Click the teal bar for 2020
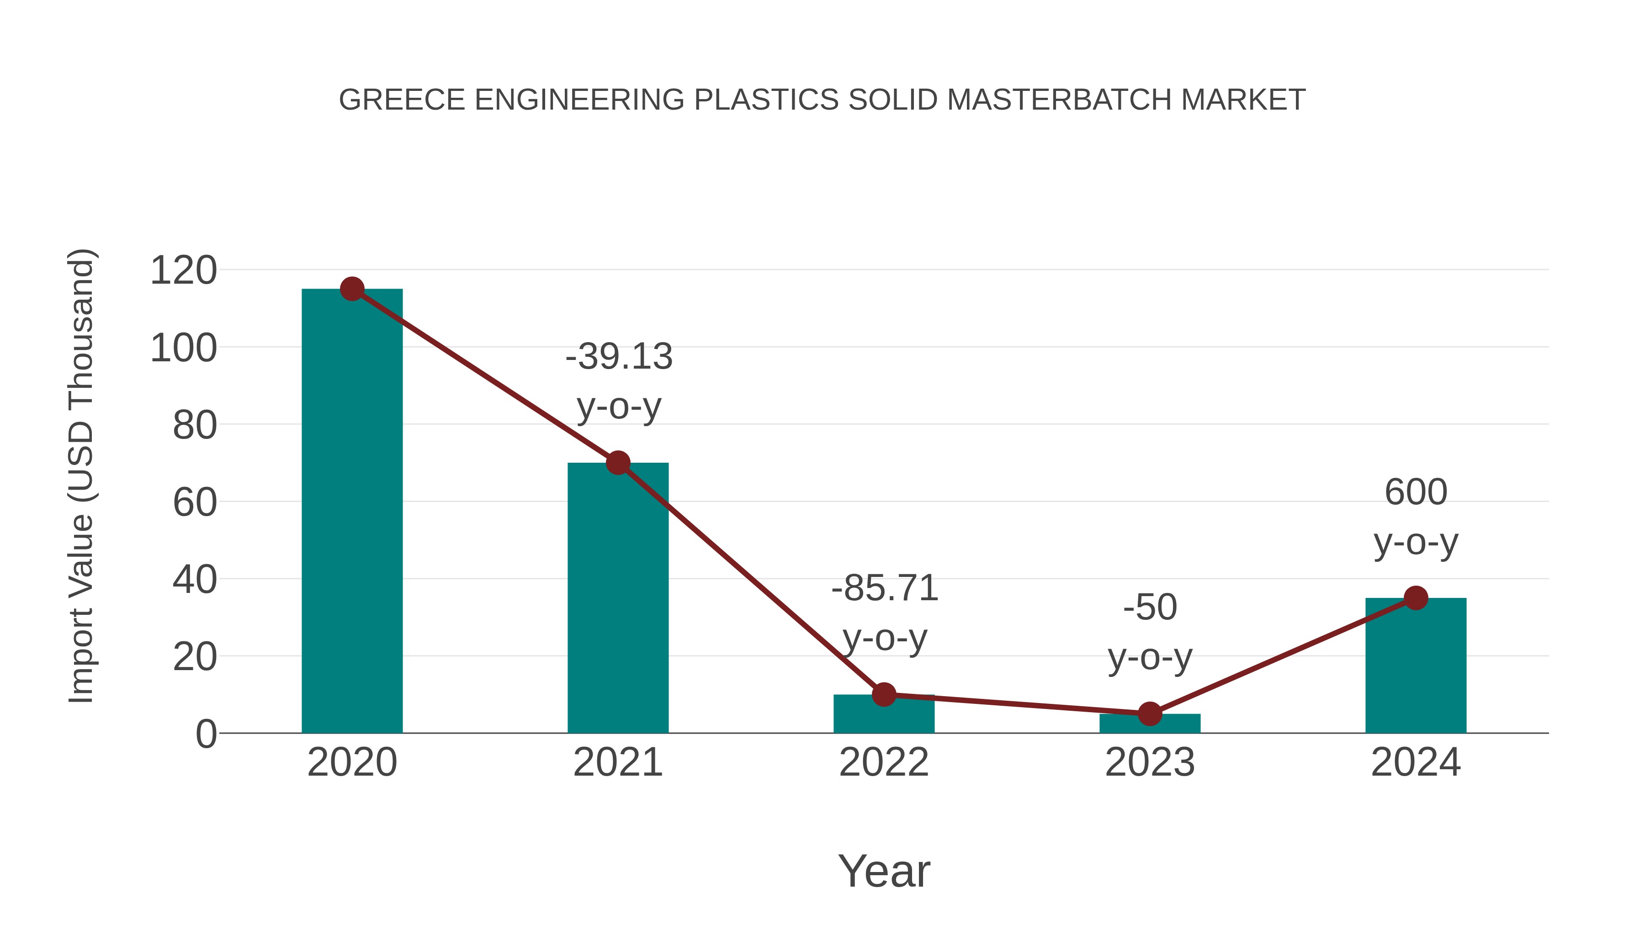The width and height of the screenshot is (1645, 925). coord(352,511)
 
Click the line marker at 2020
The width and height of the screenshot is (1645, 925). coord(352,289)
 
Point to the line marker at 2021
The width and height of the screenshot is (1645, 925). coord(617,463)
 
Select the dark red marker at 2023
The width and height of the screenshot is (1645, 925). coord(1150,714)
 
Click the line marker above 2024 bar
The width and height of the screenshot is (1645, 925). coord(1416,598)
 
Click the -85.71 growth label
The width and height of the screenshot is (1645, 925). coord(885,613)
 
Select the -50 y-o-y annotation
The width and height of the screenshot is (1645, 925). coord(1150,632)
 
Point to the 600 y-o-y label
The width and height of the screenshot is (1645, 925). coord(1416,517)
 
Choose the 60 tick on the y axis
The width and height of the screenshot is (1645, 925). coord(195,502)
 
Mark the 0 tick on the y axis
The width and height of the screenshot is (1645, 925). coord(206,734)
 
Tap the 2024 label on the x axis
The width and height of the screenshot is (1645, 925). coord(1416,762)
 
